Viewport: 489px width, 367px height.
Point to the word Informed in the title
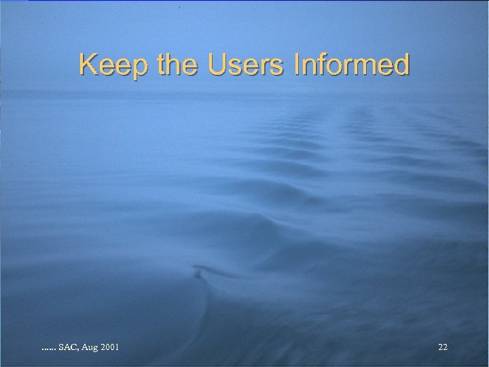[x=351, y=65]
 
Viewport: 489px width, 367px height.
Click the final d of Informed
[x=402, y=65]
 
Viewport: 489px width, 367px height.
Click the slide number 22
[x=443, y=347]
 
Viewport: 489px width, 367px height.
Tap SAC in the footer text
[x=68, y=347]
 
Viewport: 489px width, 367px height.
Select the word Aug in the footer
[x=89, y=348]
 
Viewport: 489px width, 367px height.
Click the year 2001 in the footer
[x=109, y=347]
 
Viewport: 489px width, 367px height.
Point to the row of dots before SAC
[x=48, y=349]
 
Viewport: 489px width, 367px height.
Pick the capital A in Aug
[x=84, y=347]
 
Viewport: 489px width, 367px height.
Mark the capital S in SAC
[x=61, y=347]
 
